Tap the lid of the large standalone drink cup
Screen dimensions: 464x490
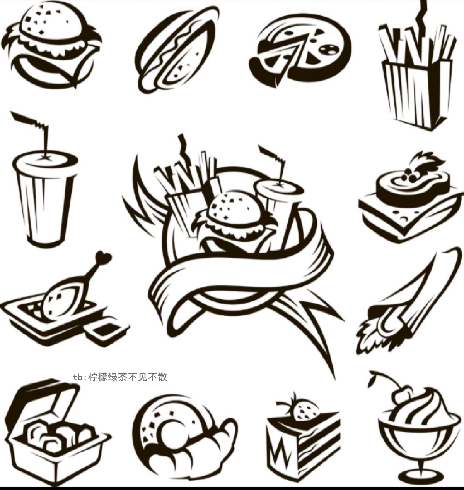tap(45, 162)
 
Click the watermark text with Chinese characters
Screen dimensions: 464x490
tap(120, 377)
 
